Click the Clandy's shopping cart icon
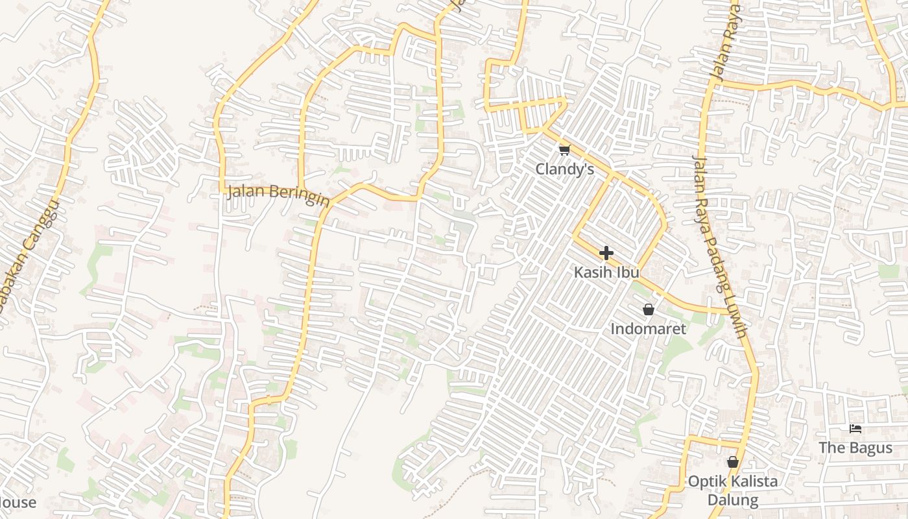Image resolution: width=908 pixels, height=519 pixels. coord(564,151)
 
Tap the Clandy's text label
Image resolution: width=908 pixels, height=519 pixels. coord(564,169)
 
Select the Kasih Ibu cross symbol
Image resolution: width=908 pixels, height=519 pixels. coord(606,252)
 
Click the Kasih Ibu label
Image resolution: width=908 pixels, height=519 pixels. coord(606,272)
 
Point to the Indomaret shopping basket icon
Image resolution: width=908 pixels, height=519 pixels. coord(648,309)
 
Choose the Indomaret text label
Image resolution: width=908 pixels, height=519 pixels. coord(648,329)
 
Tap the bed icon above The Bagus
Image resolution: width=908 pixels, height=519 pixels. coord(855,429)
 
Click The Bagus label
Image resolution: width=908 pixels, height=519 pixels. coord(855,448)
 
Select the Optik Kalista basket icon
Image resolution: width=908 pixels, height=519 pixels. coord(733,462)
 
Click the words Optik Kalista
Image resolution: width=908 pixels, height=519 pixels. coord(733,481)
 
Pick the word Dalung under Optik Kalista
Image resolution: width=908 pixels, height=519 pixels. coord(733,500)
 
